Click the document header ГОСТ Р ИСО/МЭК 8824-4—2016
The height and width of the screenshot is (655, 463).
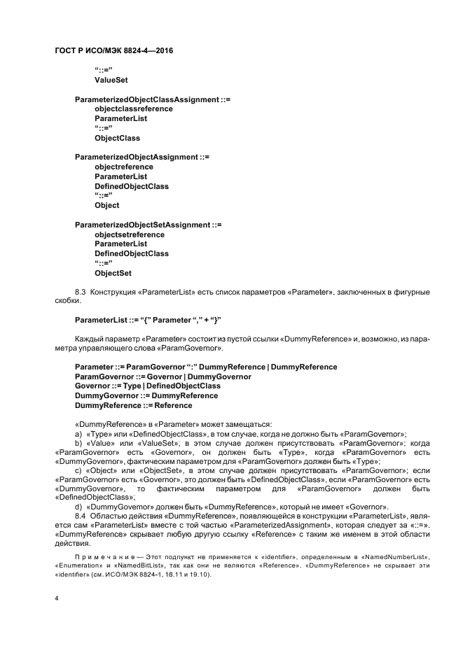point(113,51)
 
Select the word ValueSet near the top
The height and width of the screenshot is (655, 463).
point(111,80)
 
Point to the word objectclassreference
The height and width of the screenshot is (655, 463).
point(134,109)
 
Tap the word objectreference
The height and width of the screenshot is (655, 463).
point(124,167)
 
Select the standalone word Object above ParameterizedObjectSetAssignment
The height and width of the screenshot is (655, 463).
point(107,206)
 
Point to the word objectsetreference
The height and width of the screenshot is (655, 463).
point(130,234)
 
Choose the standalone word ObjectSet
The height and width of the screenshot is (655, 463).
point(113,273)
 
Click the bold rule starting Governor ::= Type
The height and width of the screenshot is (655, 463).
point(147,386)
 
